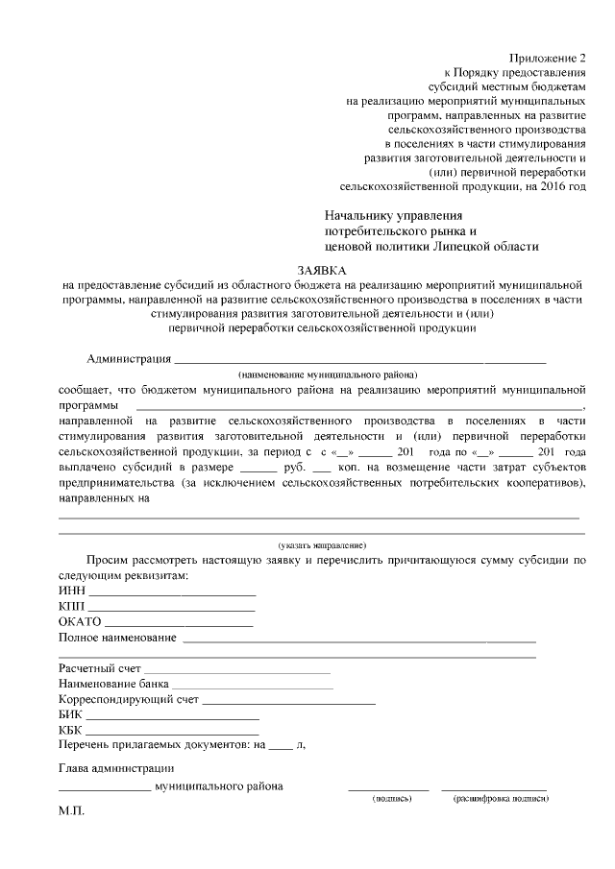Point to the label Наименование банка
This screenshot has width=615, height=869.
[x=113, y=684]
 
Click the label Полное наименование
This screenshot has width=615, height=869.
[x=117, y=638]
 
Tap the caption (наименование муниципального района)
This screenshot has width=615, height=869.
[x=329, y=374]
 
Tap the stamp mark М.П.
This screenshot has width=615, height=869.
[x=72, y=811]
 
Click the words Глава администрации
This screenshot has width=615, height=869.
[x=115, y=767]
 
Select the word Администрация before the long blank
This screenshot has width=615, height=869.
[x=128, y=359]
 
